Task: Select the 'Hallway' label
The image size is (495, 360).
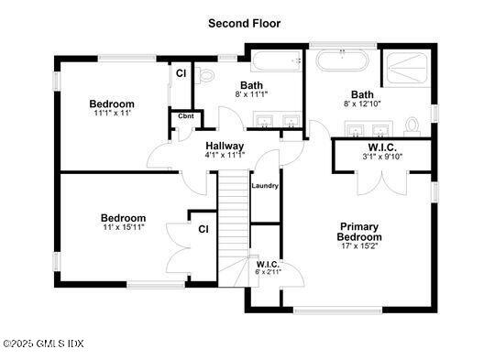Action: pos(225,146)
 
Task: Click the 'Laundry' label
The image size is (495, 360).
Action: pos(265,185)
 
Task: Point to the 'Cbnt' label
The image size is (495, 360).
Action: pos(185,116)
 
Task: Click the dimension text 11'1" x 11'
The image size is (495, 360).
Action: pos(113,114)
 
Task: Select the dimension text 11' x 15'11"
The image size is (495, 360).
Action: pos(123,227)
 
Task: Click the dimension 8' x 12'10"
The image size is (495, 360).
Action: pos(362,104)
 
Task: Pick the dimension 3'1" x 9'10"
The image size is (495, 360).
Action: pos(380,156)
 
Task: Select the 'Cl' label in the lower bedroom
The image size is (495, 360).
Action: pos(203,229)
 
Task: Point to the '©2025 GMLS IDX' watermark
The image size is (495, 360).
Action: pos(43,344)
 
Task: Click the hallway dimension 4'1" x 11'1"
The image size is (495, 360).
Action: pos(225,155)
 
